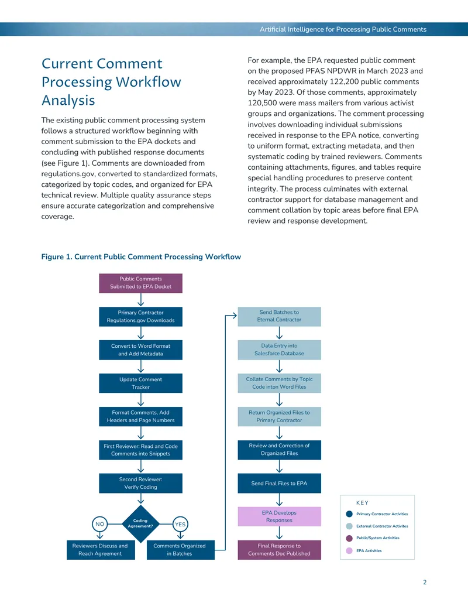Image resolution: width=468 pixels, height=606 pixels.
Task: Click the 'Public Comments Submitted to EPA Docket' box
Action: (140, 283)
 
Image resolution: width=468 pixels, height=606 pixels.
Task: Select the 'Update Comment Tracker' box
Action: (140, 383)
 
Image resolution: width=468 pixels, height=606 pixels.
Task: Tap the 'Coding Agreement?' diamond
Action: (140, 523)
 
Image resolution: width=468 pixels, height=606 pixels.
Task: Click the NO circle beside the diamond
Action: (99, 524)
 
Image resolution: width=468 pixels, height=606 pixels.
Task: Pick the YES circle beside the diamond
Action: (180, 524)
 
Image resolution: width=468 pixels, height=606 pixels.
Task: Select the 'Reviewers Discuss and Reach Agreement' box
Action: (101, 550)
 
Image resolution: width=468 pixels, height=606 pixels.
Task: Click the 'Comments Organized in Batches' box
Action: (180, 550)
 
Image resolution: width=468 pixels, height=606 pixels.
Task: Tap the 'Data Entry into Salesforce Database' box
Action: (279, 350)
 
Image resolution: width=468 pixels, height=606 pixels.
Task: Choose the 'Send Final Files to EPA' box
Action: (279, 483)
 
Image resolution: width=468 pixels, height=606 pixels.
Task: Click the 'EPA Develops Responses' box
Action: (279, 516)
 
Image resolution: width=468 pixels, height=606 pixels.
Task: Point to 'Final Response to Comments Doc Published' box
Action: (279, 550)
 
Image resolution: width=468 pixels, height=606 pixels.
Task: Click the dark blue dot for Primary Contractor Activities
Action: (349, 514)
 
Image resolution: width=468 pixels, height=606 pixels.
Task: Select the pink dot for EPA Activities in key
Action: (349, 551)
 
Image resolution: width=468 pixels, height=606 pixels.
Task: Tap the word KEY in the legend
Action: (362, 503)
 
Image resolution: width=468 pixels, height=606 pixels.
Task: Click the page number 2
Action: (425, 582)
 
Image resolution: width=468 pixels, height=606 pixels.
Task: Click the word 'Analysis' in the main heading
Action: (68, 101)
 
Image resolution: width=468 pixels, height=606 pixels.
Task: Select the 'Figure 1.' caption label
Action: (57, 256)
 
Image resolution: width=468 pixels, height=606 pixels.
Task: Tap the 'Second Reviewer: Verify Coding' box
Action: (140, 483)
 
